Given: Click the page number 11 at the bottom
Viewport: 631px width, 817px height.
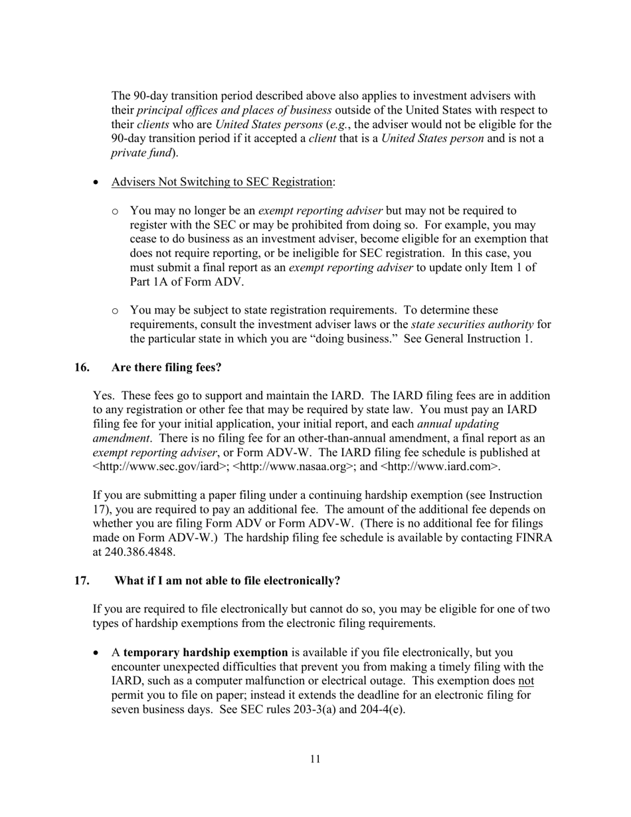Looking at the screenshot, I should point(315,759).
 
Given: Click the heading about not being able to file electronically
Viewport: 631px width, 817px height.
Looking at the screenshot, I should point(227,581).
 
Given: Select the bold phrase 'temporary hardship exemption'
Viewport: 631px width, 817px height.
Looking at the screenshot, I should point(206,652).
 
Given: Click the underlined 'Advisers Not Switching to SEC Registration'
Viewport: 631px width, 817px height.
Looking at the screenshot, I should point(222,181).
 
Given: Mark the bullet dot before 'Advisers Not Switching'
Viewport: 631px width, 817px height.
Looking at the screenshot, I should point(98,182).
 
